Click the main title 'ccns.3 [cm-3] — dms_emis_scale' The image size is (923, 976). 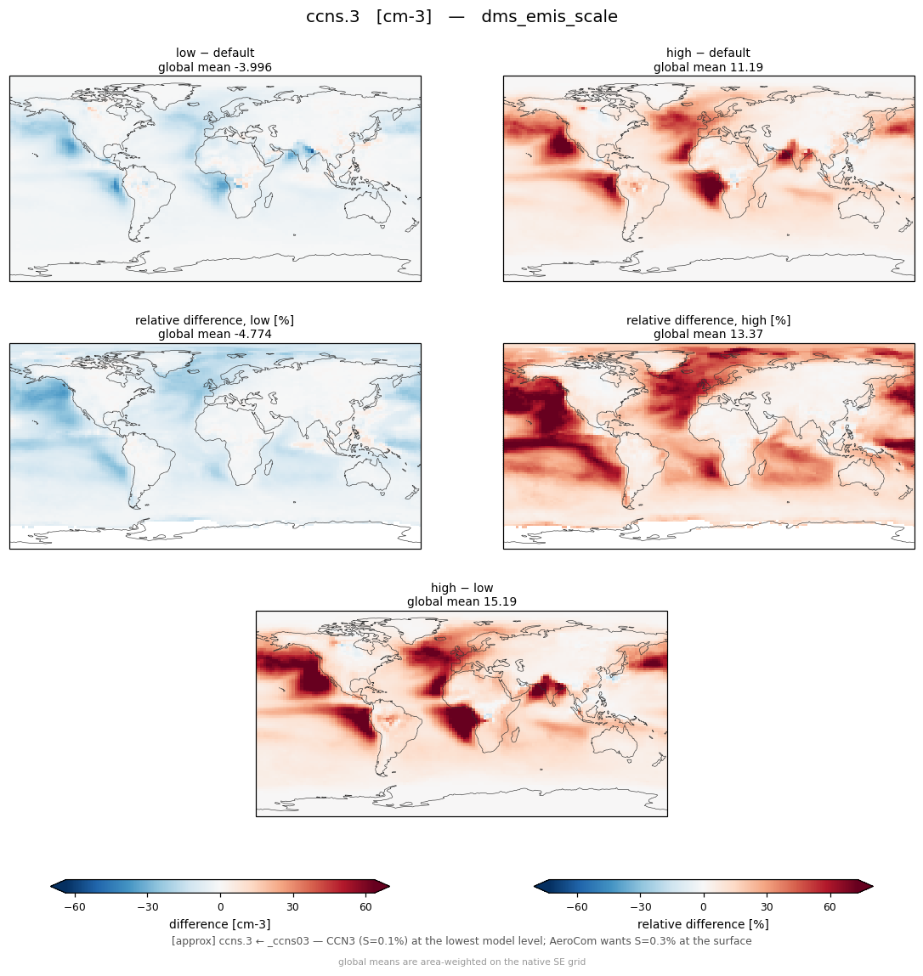(461, 17)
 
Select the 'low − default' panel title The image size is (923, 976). (215, 53)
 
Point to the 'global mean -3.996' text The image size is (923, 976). (215, 67)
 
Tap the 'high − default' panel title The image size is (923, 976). (708, 53)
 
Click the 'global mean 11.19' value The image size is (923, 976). (708, 67)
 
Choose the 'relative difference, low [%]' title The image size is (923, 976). (214, 320)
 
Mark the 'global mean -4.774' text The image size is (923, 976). (215, 335)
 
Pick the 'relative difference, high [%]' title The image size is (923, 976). (708, 320)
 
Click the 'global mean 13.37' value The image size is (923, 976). (708, 335)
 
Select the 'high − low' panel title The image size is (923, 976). (461, 588)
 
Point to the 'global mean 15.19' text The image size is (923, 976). (461, 602)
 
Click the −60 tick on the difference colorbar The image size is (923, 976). (75, 907)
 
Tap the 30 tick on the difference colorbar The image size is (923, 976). (292, 907)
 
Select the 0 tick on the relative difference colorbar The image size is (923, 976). (703, 907)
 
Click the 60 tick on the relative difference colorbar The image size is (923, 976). (830, 907)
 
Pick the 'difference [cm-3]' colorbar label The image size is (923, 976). (220, 924)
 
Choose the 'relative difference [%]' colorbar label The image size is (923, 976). (703, 924)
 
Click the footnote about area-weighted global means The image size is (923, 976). (461, 962)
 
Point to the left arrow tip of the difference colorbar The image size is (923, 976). (50, 886)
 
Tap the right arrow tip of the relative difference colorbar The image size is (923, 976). (873, 886)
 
